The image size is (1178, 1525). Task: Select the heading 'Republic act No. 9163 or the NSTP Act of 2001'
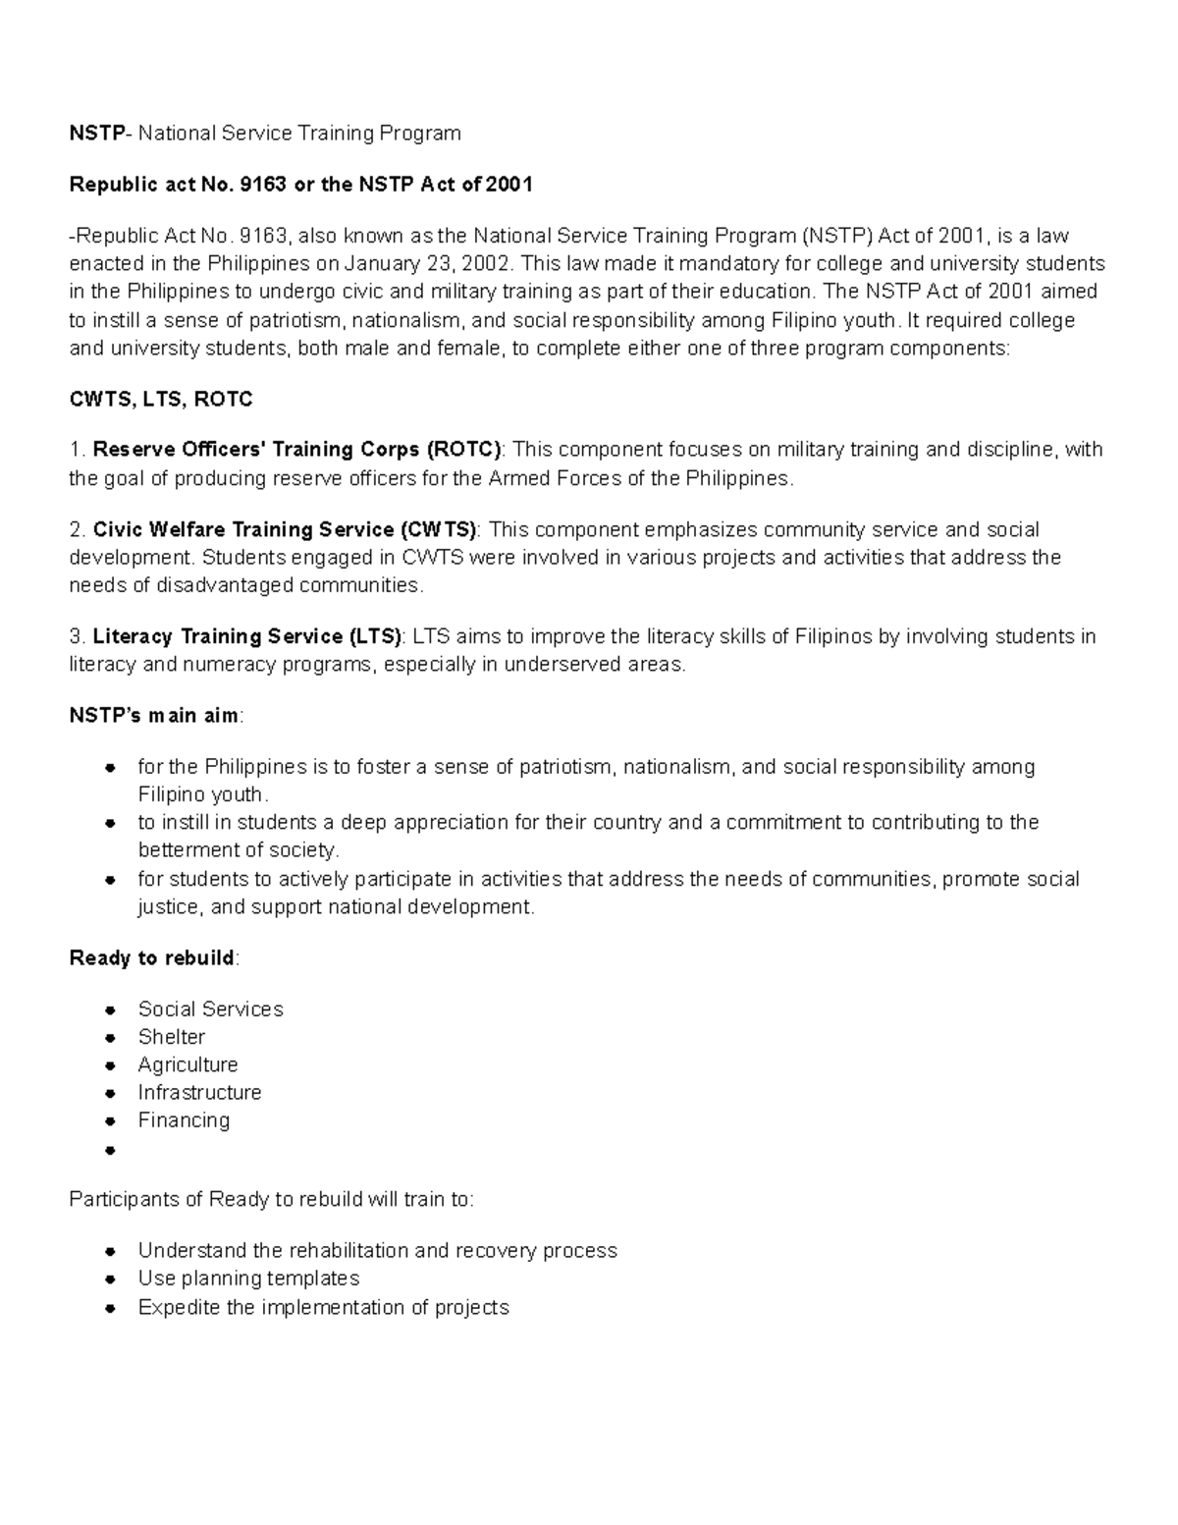[300, 185]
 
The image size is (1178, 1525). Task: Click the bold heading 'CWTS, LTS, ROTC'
[161, 400]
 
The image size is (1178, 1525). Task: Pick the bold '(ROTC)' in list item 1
[463, 450]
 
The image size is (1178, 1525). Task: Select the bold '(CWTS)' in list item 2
[438, 530]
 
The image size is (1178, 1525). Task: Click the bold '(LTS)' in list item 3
[374, 636]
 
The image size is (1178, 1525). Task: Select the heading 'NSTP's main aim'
[154, 716]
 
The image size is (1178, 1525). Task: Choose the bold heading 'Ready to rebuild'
[152, 957]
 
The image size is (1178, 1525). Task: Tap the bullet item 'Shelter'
[172, 1037]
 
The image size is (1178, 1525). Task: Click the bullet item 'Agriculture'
[187, 1065]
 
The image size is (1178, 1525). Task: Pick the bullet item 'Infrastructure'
[199, 1093]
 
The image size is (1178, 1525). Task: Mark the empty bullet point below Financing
[111, 1149]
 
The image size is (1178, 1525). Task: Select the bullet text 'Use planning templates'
[248, 1279]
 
